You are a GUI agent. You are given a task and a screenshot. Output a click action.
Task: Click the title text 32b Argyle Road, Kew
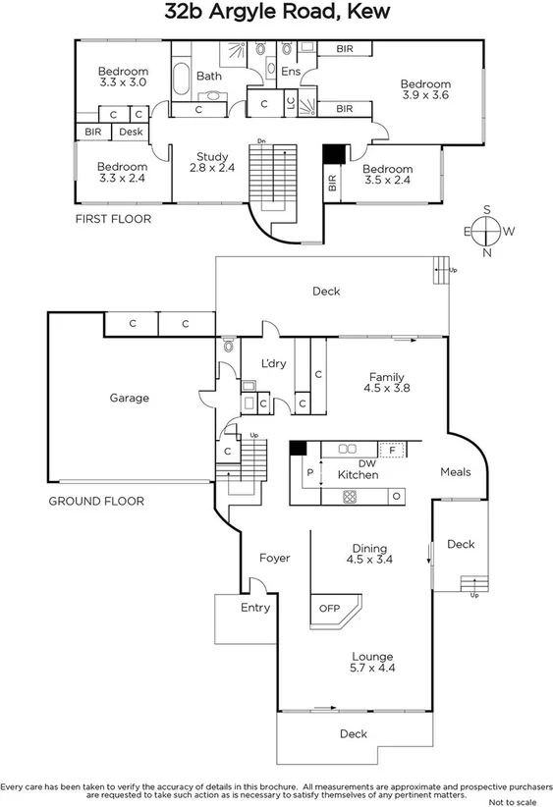coord(276,13)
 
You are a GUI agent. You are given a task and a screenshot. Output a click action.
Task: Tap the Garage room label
coord(129,398)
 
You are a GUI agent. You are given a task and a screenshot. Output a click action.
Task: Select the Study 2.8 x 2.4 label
coord(212,162)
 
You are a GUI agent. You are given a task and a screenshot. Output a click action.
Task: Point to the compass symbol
coord(484,231)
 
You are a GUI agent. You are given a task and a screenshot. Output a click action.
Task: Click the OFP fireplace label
coord(329,608)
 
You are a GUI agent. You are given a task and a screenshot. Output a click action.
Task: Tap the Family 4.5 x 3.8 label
coord(387,382)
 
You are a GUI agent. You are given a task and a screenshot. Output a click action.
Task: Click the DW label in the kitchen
coord(366,462)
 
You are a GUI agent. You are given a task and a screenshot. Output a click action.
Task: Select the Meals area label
coord(455,472)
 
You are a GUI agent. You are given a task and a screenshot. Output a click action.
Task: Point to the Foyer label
coord(274,558)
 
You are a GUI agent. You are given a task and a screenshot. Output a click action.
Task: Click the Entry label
coord(255,608)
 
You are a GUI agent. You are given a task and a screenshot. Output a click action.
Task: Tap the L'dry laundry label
coord(273,363)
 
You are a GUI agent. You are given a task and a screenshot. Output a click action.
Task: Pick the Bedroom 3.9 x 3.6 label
coord(425,89)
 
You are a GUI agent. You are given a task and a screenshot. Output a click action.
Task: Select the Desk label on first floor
coord(132,132)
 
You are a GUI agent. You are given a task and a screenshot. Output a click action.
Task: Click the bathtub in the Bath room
coord(184,76)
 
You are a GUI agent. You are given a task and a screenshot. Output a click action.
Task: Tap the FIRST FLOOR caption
coord(113,219)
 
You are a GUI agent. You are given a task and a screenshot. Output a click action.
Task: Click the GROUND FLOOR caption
coord(95,501)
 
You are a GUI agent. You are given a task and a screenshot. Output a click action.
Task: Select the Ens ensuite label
coord(291,72)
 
